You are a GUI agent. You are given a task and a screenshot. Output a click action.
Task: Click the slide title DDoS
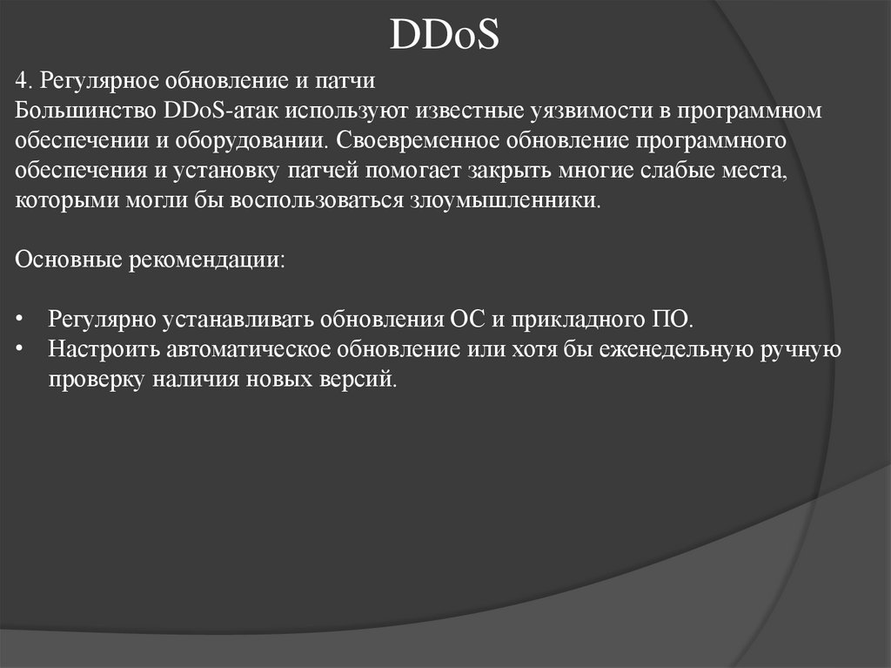point(445,36)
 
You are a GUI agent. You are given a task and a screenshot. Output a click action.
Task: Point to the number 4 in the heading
point(22,82)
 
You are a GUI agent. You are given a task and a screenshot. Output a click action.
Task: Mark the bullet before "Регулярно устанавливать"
point(22,319)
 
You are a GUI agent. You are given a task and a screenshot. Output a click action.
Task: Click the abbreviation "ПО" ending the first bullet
point(671,319)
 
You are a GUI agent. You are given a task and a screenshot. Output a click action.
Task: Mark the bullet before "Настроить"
point(22,348)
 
